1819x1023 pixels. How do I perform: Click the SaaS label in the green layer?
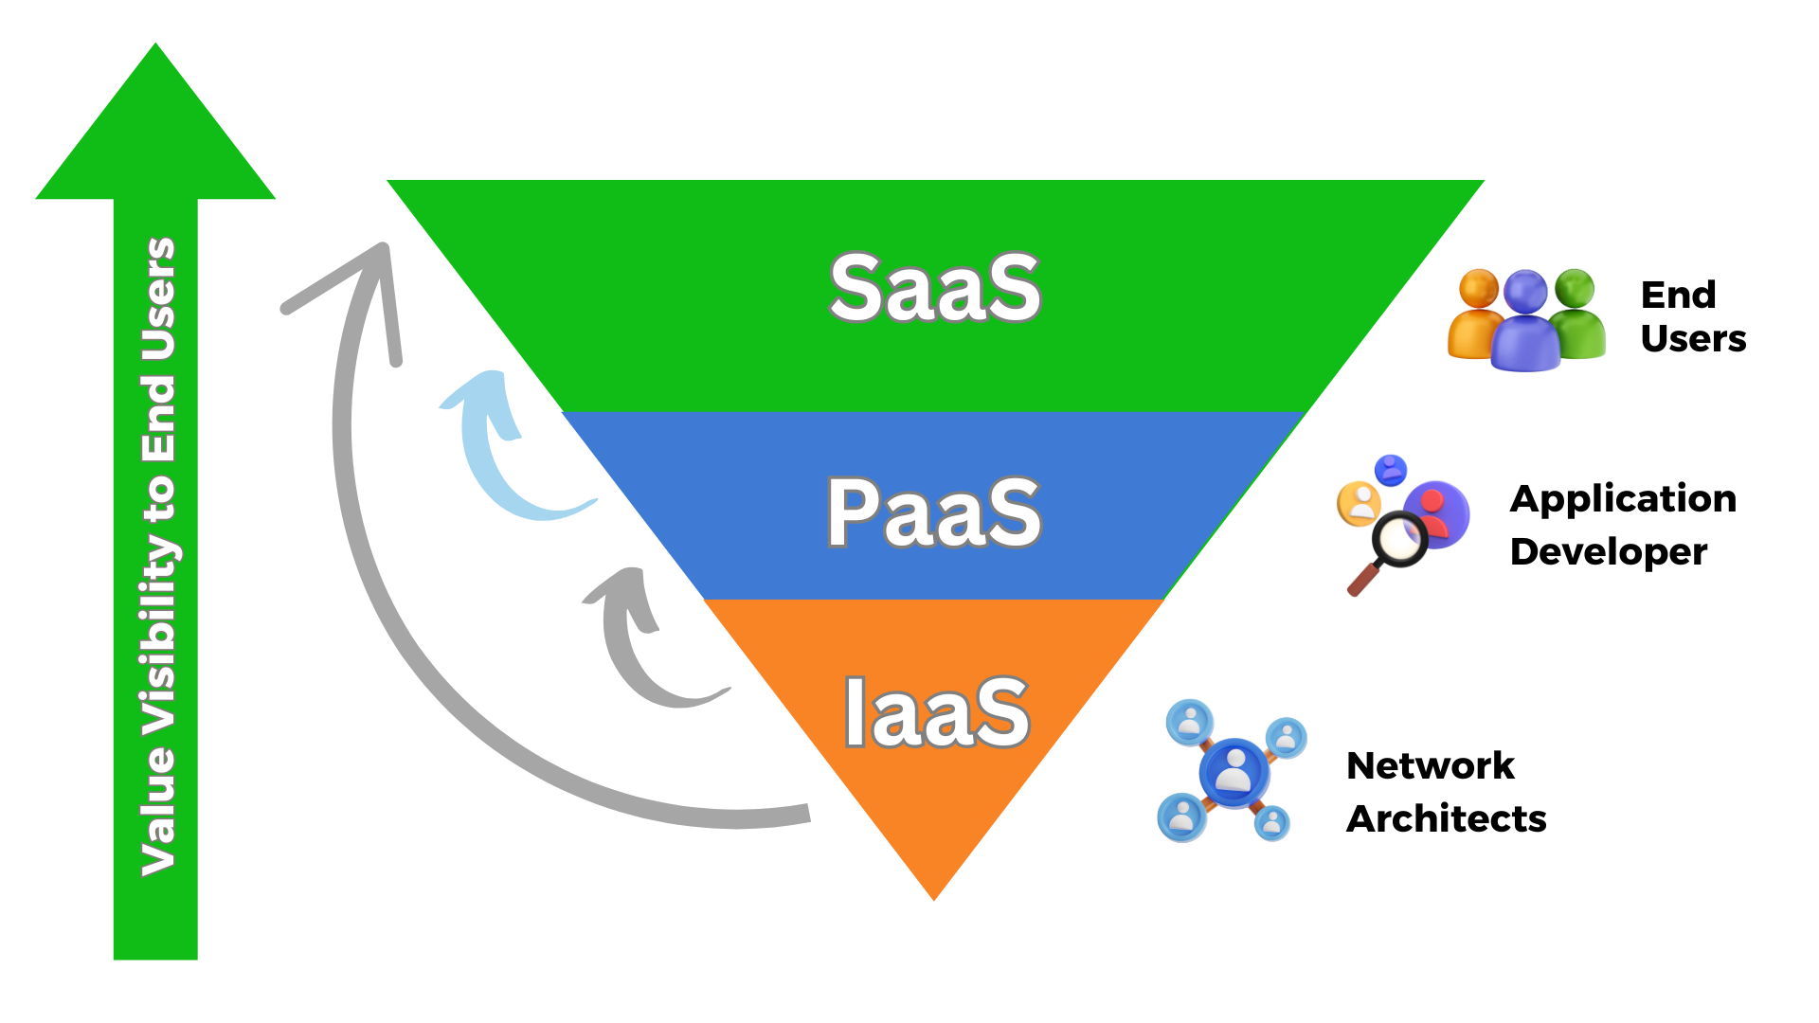pos(935,288)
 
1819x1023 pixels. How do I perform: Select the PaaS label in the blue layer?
pos(934,512)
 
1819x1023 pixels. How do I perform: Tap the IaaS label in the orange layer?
pos(936,712)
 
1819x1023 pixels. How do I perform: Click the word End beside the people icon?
pos(1678,295)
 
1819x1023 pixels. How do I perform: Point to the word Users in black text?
pos(1693,339)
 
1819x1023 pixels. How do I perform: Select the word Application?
pos(1623,499)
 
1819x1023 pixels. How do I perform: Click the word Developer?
pos(1608,551)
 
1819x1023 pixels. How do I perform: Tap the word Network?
pos(1430,765)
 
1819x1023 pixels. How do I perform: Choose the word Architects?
pos(1446,818)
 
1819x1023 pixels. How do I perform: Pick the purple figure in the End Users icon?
pos(1525,322)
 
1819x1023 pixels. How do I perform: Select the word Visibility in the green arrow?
pos(159,605)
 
